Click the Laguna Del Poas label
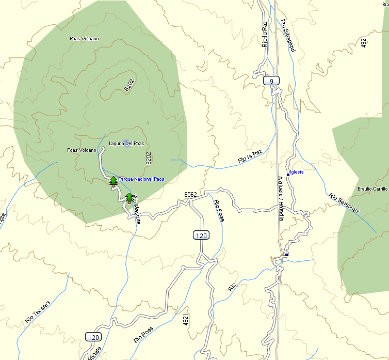(126, 144)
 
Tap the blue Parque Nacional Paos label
(141, 179)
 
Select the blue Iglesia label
(297, 172)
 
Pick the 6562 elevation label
(190, 194)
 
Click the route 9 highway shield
(271, 81)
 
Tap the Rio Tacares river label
(38, 312)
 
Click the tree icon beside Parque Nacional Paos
(114, 181)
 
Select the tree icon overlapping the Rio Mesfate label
(129, 197)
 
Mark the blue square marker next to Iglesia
(288, 175)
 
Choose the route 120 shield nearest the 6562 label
(201, 236)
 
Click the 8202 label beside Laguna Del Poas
(149, 158)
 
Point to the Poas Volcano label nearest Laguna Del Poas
(82, 150)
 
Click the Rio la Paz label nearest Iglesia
(250, 156)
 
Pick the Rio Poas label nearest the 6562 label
(219, 211)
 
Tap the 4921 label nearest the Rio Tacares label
(186, 320)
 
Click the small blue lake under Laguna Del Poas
(127, 143)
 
